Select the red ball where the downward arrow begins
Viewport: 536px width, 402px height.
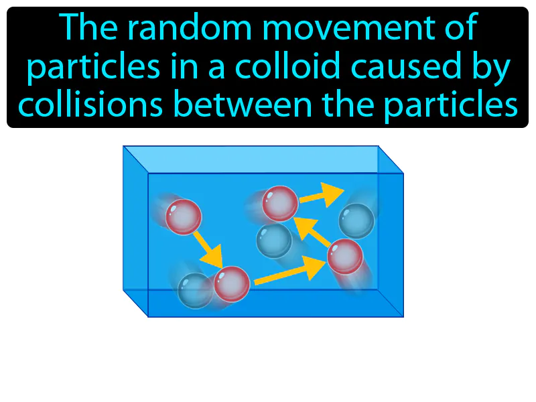(184, 216)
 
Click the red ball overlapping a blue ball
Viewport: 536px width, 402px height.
(232, 284)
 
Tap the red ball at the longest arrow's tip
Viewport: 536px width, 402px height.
(345, 255)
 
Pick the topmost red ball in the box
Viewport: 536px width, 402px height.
(279, 204)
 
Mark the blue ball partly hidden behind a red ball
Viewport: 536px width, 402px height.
(194, 290)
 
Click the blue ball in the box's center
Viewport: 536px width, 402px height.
(274, 240)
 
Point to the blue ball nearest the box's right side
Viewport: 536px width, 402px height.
(356, 220)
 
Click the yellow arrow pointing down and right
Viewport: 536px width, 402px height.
(208, 247)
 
